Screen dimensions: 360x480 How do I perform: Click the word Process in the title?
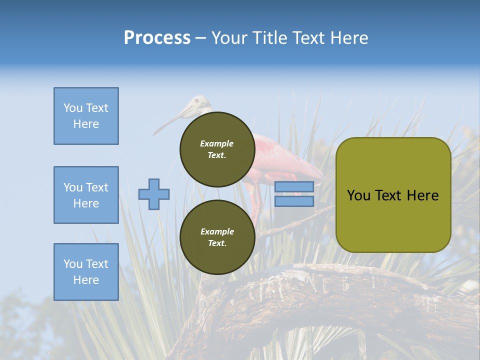pos(157,38)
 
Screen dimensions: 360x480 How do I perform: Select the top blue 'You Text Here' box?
pos(86,116)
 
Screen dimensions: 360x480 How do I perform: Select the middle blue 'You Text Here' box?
pos(86,195)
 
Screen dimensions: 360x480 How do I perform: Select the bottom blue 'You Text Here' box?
pos(86,271)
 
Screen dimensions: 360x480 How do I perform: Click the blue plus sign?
pos(154,194)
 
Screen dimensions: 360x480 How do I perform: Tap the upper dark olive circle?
pos(217,149)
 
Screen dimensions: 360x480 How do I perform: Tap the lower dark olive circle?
pos(217,237)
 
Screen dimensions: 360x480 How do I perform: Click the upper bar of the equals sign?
pos(294,187)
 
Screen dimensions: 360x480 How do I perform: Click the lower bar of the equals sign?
pos(294,201)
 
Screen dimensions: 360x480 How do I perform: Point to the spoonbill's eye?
pos(197,101)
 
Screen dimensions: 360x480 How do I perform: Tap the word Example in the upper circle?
pos(217,143)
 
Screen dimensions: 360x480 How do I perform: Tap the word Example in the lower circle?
pos(217,231)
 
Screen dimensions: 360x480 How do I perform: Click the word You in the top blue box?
pos(72,108)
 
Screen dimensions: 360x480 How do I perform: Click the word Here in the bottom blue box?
pos(86,280)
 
